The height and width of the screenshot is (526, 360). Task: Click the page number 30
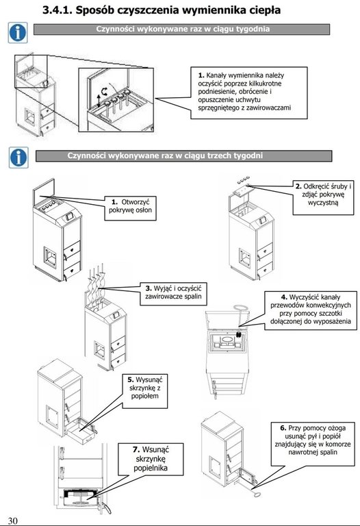point(12,521)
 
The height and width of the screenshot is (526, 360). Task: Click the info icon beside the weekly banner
point(18,33)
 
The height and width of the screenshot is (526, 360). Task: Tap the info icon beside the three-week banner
point(18,158)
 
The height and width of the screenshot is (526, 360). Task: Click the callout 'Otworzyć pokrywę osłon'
point(131,208)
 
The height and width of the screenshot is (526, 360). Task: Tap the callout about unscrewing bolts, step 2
point(323,197)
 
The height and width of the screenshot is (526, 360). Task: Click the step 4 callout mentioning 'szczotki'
point(311,310)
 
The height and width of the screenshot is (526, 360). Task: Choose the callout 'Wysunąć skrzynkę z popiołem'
point(145,391)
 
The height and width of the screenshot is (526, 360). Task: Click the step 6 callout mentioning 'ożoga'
point(313,444)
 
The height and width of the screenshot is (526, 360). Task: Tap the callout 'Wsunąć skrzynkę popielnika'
point(151,459)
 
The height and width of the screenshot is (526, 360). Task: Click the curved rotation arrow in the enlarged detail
point(105,91)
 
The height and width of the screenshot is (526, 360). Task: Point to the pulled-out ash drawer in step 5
point(81,431)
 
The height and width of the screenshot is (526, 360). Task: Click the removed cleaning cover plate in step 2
point(242,192)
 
